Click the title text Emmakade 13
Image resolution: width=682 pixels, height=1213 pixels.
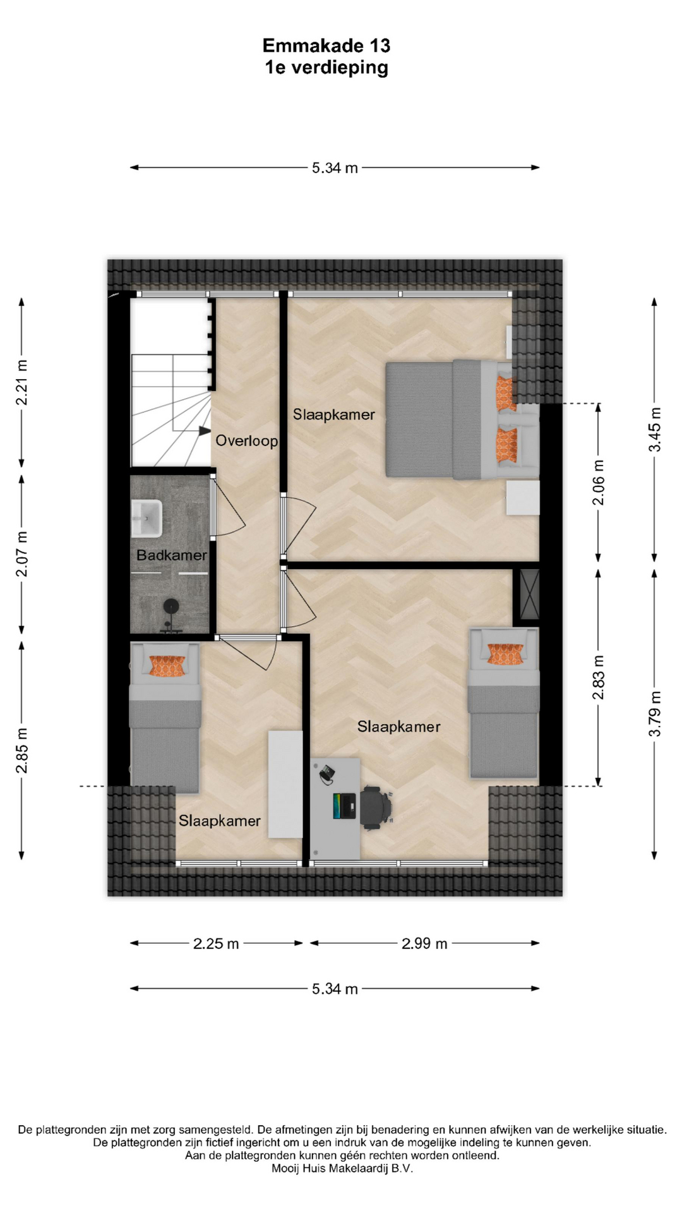coord(326,45)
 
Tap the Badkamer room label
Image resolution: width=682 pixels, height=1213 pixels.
coord(172,555)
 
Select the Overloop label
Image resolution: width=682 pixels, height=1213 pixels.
coord(247,440)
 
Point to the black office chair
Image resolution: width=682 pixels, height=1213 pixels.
coord(376,807)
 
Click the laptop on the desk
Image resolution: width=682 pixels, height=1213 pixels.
coord(345,806)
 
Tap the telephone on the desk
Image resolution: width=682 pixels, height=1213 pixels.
coord(326,774)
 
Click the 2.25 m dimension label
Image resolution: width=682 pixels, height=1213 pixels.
coord(216,944)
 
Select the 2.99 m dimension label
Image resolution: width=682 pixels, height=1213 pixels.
coord(424,944)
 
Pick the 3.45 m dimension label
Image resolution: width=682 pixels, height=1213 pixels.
coord(655,429)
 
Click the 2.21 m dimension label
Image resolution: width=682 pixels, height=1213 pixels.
coord(22,382)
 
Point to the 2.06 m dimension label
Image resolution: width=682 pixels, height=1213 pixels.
coord(598,483)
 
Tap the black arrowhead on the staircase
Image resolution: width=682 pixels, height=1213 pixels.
coord(205,431)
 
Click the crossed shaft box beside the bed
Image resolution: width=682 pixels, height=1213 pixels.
coord(529,594)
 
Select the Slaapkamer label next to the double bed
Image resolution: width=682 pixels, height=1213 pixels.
coord(333,415)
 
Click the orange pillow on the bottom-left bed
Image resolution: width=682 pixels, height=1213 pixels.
coord(167,666)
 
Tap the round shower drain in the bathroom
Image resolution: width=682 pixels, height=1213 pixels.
coord(171,606)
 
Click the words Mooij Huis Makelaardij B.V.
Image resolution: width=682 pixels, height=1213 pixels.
coord(342,1169)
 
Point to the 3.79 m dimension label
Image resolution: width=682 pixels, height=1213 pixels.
coord(655,714)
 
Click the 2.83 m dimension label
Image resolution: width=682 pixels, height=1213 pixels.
coord(598,677)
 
